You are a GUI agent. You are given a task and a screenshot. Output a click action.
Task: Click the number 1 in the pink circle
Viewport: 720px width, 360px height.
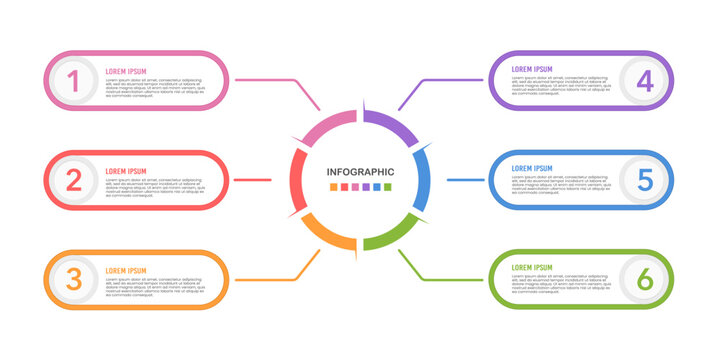tap(73, 80)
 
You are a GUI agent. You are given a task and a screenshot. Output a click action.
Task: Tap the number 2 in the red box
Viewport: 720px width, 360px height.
tap(73, 180)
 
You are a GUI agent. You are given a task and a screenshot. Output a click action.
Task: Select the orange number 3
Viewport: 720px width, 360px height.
tap(73, 279)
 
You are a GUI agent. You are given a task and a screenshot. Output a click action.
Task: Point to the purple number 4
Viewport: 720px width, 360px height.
tap(646, 80)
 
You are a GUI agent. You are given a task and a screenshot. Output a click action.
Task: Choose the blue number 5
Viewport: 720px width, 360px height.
tap(646, 180)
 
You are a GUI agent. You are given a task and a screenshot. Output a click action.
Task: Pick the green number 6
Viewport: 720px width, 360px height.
tap(646, 279)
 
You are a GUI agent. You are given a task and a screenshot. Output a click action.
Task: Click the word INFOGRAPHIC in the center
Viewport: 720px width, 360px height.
tap(360, 171)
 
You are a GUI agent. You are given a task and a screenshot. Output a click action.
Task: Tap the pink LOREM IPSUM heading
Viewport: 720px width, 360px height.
tap(126, 71)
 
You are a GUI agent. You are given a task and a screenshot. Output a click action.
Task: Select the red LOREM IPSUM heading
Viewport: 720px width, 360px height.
tap(126, 171)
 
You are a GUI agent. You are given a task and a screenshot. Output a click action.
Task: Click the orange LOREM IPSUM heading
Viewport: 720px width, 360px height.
tap(126, 270)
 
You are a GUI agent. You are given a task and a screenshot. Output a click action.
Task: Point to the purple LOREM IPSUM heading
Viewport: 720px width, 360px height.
tap(532, 69)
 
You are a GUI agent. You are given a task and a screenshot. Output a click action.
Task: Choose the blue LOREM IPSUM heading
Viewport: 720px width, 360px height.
tap(532, 169)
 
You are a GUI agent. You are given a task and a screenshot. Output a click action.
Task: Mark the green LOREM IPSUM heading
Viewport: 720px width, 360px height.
tap(532, 268)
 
